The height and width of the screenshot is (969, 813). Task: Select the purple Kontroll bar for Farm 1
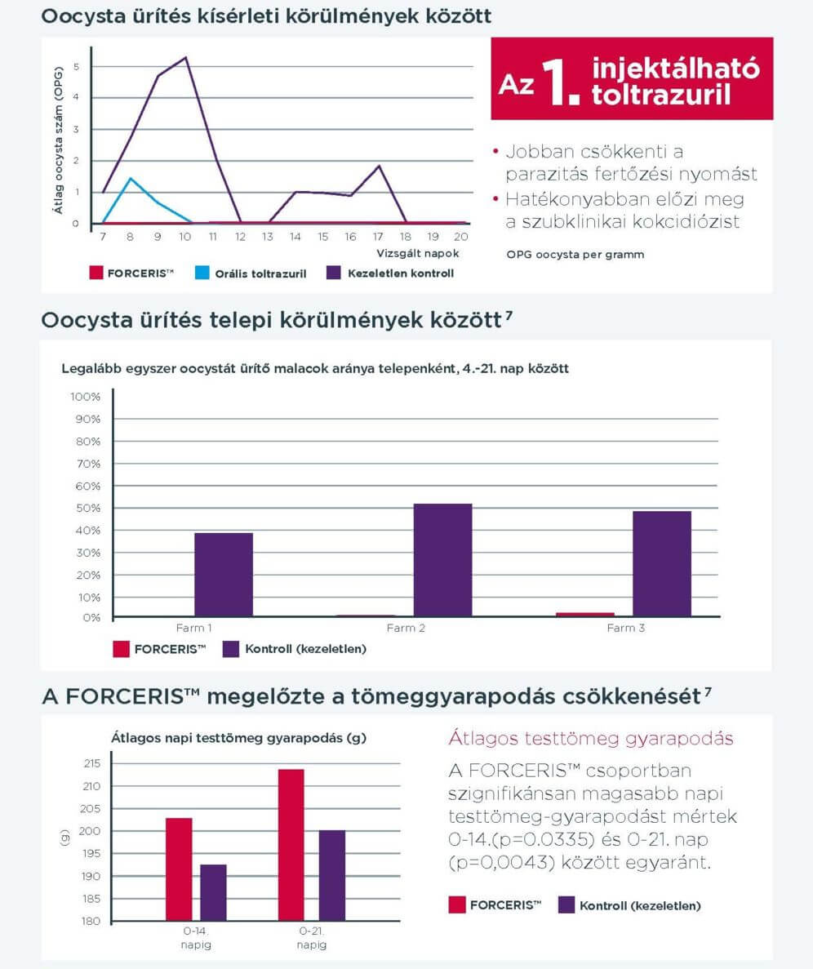tap(223, 575)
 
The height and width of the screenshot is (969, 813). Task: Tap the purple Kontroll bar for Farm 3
tap(661, 564)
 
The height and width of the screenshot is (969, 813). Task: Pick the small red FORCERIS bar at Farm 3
tap(584, 615)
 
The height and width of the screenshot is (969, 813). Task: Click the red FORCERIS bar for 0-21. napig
tap(291, 845)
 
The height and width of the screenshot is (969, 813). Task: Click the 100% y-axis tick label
tap(85, 397)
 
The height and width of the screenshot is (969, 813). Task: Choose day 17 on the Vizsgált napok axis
tap(379, 237)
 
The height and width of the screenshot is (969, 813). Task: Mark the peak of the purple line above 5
tap(186, 57)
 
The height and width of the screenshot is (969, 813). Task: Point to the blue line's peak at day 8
tap(130, 178)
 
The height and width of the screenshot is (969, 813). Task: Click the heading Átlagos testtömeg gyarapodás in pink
tap(590, 739)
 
